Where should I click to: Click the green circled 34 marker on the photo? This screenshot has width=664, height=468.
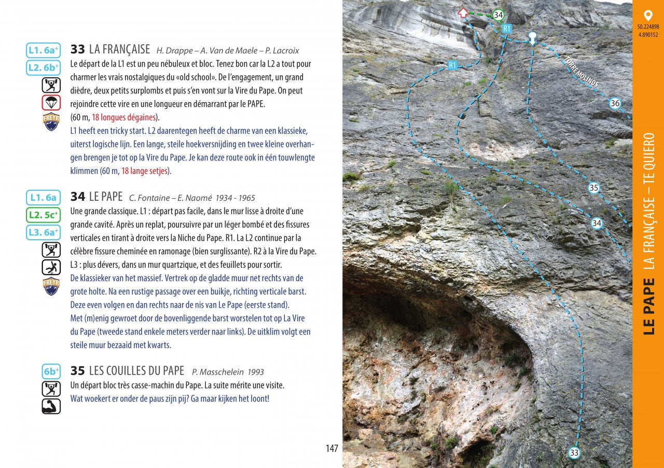[498, 15]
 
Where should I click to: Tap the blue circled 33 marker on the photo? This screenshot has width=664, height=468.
[574, 453]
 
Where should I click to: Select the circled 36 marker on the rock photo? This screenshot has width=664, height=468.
[615, 103]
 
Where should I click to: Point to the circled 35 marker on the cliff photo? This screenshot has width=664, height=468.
[594, 188]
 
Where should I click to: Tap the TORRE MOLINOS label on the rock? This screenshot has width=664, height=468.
[582, 72]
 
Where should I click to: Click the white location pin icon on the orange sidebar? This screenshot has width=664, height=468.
[647, 16]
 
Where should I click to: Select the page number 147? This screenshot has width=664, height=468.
[332, 449]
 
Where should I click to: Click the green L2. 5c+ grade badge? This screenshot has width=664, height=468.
[43, 215]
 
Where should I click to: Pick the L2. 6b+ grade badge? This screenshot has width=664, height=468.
[43, 68]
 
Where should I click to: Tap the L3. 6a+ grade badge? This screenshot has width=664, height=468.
[43, 232]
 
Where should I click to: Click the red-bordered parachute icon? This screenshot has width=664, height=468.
[51, 103]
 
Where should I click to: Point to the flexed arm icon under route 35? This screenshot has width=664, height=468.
[51, 406]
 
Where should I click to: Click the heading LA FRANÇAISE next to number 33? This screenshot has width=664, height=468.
[119, 50]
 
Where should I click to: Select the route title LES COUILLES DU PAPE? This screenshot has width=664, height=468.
[136, 371]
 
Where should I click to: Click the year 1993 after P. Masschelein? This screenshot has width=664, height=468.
[255, 372]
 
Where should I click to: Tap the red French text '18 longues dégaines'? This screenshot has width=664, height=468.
[125, 117]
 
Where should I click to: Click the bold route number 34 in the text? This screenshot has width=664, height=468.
[77, 197]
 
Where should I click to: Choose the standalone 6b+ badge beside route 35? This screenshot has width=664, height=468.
[51, 371]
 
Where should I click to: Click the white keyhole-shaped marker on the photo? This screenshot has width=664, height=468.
[532, 37]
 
